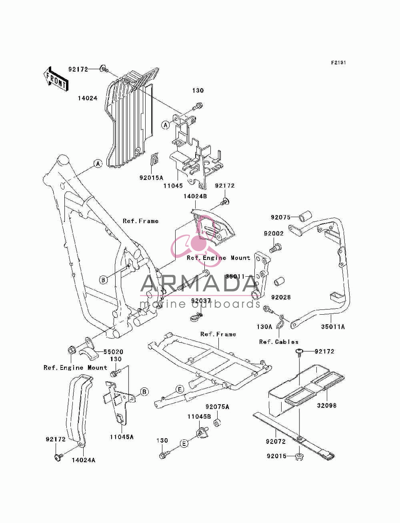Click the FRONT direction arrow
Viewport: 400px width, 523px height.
coord(56,79)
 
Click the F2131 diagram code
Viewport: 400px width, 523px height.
coord(338,63)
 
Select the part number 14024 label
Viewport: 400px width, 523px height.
coord(88,98)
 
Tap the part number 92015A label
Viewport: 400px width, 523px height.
coord(151,178)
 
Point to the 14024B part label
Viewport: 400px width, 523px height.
coord(195,196)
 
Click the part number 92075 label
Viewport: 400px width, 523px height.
coord(280,217)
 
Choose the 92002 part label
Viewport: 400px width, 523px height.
coord(274,234)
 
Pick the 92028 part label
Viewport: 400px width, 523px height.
coord(281,297)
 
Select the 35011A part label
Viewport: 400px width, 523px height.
coord(333,327)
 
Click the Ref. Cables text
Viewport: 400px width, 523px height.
coord(279,342)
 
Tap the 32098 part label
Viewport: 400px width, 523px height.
coord(326,405)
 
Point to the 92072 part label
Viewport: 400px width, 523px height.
coord(276,441)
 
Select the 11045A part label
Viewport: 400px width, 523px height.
coord(122,437)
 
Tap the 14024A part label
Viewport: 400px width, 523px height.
coord(84,460)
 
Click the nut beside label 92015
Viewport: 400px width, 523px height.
coord(299,457)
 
